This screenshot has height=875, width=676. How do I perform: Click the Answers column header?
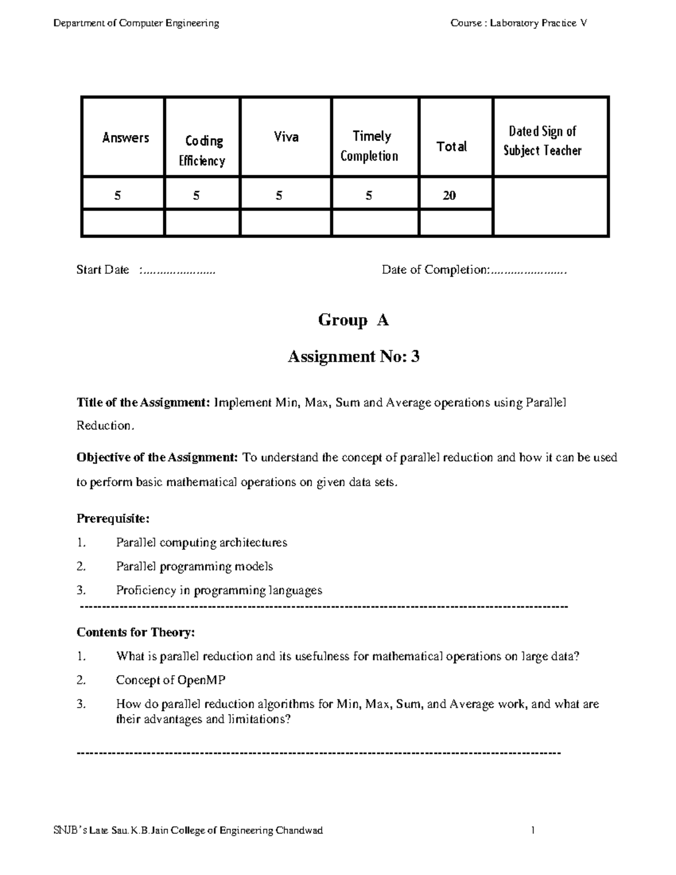point(125,138)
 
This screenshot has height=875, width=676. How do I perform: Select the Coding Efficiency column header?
point(202,150)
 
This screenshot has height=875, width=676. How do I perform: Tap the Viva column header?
point(286,137)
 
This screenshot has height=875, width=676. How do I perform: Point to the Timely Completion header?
point(370,146)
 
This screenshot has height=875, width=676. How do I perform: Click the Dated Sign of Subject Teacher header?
point(542,141)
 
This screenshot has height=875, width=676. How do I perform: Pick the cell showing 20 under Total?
point(449,196)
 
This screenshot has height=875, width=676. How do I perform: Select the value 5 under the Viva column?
point(279,196)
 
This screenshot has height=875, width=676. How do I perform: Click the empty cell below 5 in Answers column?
point(123,223)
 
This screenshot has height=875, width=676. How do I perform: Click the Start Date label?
point(103,270)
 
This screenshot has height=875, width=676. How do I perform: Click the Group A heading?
point(353,320)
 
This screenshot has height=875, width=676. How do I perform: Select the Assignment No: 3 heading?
point(353,357)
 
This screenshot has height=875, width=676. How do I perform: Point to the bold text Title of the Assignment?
point(143,403)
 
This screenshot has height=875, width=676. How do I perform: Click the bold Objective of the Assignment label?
point(157,458)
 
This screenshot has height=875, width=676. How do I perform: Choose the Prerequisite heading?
point(113,518)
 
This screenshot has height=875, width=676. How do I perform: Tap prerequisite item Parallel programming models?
point(194,566)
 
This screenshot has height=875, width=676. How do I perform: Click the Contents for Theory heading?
point(135,632)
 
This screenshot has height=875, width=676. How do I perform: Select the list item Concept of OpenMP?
point(171,680)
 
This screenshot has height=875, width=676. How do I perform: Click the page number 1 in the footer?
point(532,830)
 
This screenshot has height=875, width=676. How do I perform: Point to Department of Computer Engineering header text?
point(136,23)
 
